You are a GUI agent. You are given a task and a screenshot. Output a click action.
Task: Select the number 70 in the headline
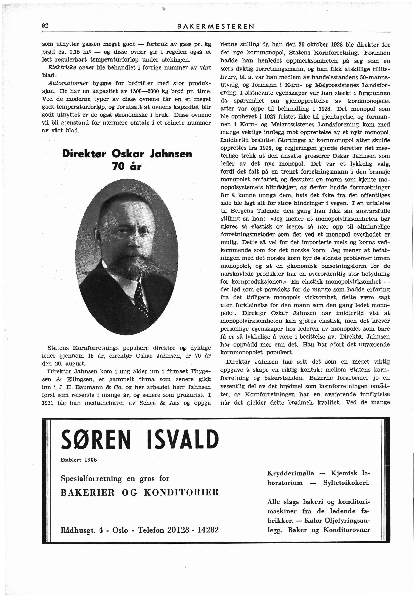pos(118,167)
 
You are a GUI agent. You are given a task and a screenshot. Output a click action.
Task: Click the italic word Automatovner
pos(68,83)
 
